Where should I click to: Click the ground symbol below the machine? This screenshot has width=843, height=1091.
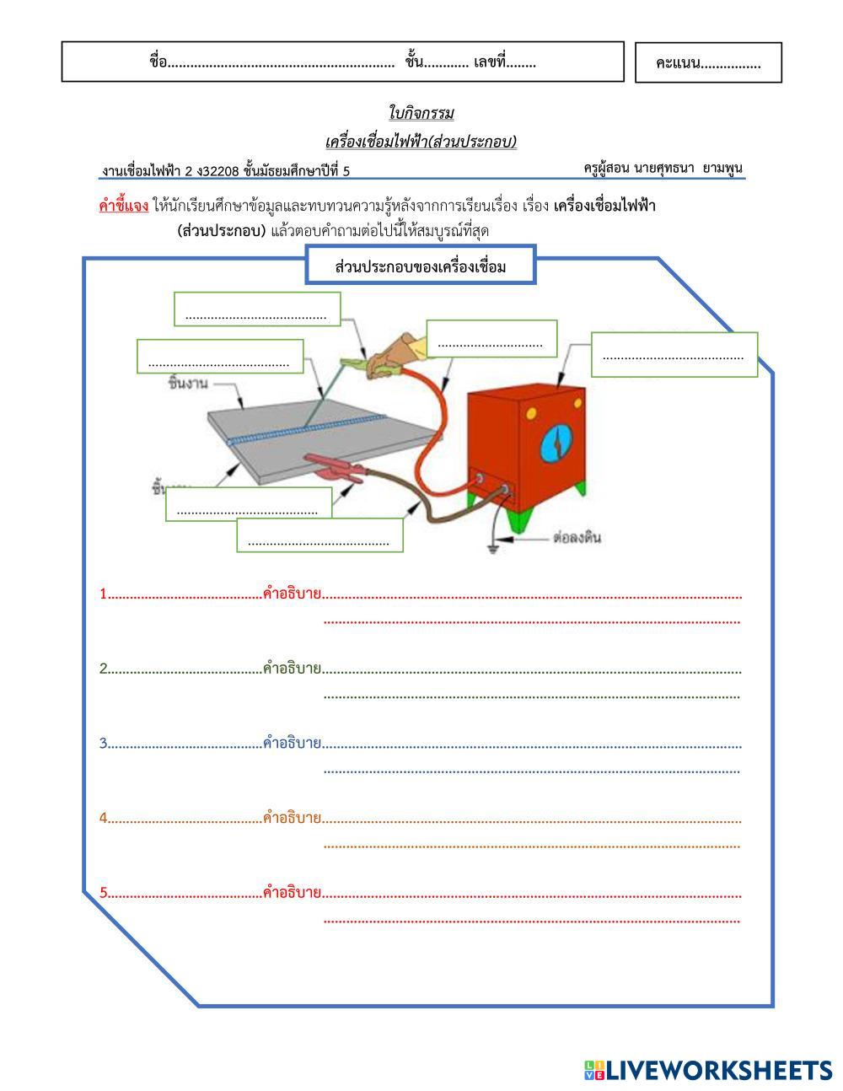[x=495, y=549]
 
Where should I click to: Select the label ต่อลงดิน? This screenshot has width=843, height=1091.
[x=577, y=537]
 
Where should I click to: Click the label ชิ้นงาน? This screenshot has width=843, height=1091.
[x=188, y=384]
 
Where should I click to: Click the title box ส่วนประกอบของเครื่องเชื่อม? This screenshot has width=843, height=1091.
[x=420, y=267]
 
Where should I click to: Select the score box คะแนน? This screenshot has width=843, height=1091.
[x=708, y=63]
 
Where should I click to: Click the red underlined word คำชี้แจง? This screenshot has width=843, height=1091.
[x=123, y=206]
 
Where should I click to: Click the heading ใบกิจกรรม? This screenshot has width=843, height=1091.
[x=421, y=113]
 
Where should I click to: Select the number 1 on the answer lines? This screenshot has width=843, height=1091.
[x=103, y=594]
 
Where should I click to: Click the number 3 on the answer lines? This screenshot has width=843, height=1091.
[x=103, y=744]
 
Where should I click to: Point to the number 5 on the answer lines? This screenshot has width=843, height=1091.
[x=103, y=893]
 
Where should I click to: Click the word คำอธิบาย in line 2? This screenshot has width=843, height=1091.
[x=292, y=669]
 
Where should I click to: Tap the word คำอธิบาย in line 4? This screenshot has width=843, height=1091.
[x=292, y=818]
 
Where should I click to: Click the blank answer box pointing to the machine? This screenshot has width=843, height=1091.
[x=674, y=354]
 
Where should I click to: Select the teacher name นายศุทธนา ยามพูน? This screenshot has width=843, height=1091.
[x=690, y=169]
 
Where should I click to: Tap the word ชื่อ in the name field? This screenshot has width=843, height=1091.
[x=158, y=62]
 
